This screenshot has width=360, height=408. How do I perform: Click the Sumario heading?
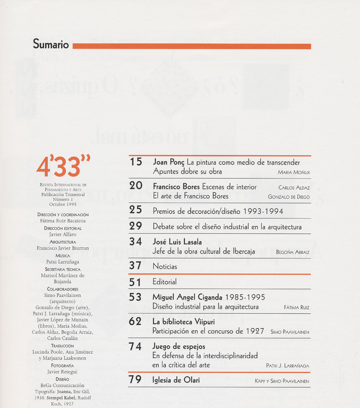coord(51,45)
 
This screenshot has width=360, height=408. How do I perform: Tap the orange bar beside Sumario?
coord(192,46)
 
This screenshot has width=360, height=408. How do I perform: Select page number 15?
coord(136,162)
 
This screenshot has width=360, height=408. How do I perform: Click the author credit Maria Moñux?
coord(294,173)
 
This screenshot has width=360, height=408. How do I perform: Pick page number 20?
coord(136,186)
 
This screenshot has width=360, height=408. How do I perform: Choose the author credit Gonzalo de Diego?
coord(289,197)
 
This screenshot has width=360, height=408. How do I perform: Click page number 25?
coord(136,210)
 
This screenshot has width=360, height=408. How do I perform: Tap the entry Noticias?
coord(165,266)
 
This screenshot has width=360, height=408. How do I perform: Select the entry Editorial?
coord(165,282)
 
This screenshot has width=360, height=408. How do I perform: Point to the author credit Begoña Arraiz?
coord(293,252)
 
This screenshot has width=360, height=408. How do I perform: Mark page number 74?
coord(136,346)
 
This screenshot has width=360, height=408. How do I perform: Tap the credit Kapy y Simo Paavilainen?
coord(282,381)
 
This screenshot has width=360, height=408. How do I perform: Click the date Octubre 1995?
coord(63,204)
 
